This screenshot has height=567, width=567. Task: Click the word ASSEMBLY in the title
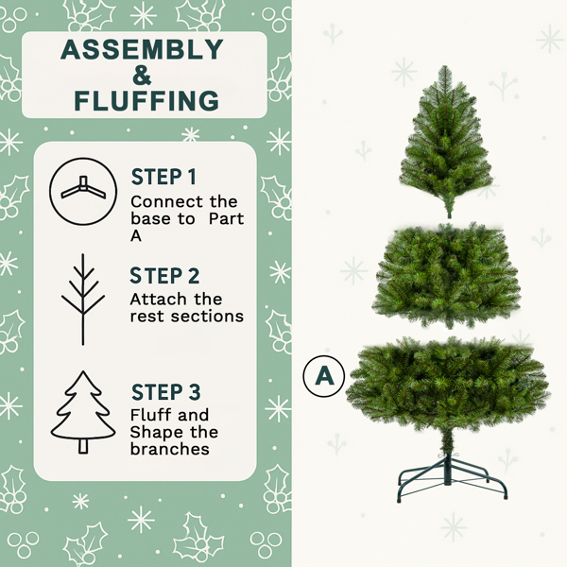[143, 50]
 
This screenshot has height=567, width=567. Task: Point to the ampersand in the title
[143, 75]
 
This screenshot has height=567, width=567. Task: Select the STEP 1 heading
[164, 177]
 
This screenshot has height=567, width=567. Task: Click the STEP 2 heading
[165, 276]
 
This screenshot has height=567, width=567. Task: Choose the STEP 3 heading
[165, 392]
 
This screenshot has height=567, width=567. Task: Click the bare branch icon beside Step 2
[83, 299]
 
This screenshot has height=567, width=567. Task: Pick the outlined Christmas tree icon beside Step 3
[83, 413]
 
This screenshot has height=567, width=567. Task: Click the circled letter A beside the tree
[324, 376]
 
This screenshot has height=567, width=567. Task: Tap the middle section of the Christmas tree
[447, 274]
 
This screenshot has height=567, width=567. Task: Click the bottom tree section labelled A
[447, 383]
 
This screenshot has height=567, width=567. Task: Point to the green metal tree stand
[453, 472]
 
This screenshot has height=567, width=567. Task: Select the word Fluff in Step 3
[150, 415]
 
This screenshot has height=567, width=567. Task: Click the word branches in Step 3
[170, 449]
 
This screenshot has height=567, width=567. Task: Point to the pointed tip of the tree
[444, 69]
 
